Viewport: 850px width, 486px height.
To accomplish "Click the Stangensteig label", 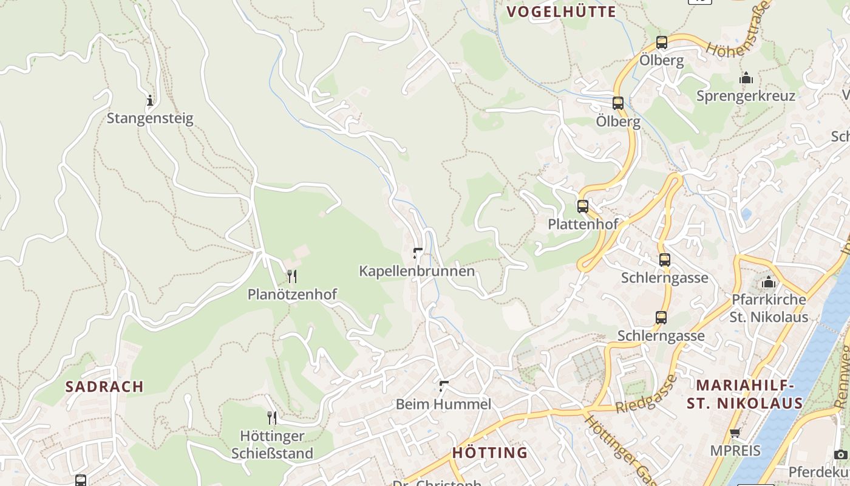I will pos(150,118).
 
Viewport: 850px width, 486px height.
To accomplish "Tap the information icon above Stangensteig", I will pos(150,100).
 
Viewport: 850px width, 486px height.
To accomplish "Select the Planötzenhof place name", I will pos(292,294).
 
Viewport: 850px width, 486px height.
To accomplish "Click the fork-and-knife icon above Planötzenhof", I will pos(292,276).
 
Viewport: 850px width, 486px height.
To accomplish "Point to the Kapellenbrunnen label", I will pos(417,271).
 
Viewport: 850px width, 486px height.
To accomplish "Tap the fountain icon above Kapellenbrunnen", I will pos(417,253).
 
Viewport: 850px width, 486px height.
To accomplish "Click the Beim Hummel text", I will pos(443,404).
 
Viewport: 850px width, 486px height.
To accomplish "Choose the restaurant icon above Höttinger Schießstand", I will pos(272,417).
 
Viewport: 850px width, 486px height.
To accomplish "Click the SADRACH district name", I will pos(104,386).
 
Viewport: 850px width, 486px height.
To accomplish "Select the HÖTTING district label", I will pos(490,453).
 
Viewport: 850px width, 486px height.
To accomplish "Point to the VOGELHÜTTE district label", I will pos(561,12).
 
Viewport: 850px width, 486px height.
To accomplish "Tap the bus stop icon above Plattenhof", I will pos(583,207).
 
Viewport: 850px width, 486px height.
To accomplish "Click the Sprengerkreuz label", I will pos(746,96).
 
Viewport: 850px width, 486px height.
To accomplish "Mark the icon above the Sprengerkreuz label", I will pos(746,78).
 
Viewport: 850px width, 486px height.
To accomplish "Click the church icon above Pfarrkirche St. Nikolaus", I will pos(769,282).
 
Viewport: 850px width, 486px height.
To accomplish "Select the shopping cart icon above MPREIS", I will pos(735,433).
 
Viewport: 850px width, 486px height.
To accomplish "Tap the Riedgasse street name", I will pos(647,394).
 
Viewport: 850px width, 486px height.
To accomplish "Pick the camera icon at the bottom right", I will pos(840,454).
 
